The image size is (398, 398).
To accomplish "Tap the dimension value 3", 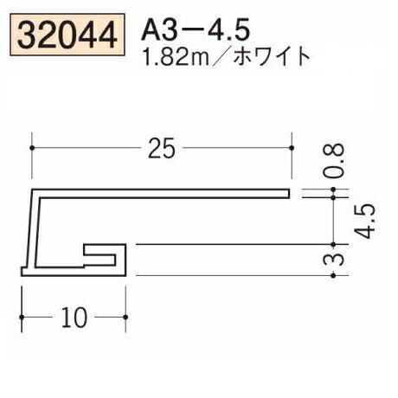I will (340, 260).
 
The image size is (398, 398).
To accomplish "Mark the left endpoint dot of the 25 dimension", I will (33, 149).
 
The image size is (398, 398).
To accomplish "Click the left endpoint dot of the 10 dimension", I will (22, 318).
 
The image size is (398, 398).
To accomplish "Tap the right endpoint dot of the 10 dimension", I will (127, 318).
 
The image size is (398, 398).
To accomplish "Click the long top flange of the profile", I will (164, 190).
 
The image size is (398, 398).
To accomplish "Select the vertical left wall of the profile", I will (34, 229).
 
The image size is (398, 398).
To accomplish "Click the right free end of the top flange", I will (289, 190).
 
